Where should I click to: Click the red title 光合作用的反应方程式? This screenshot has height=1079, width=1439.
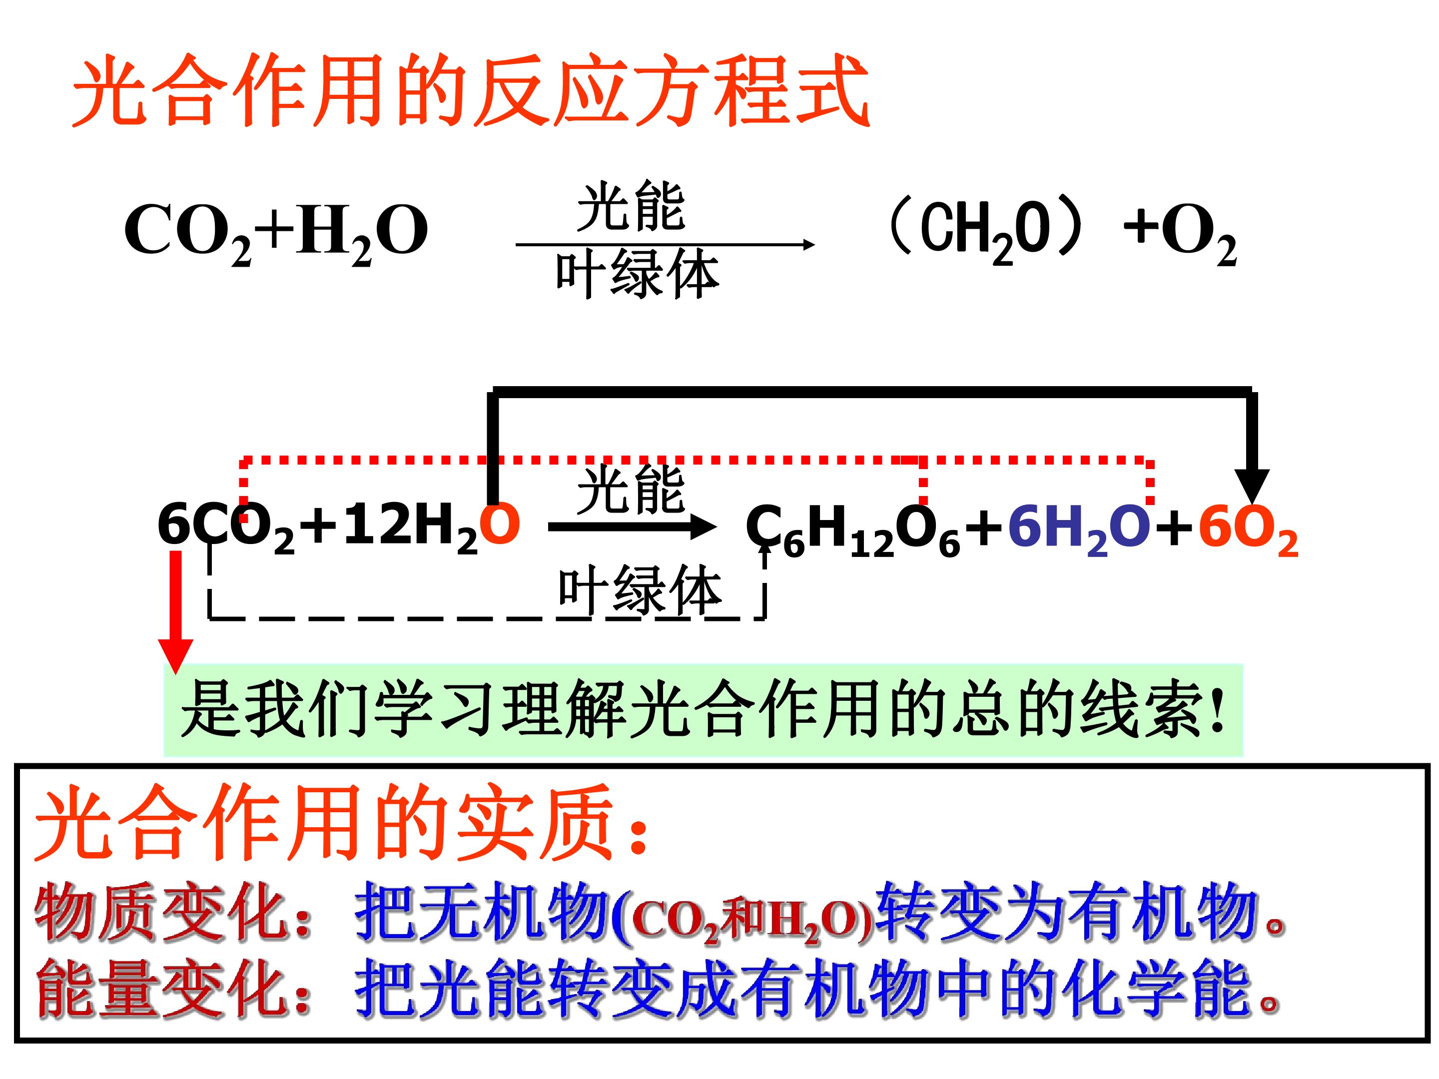click(x=470, y=91)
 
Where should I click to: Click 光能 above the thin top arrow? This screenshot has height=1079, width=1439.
click(x=631, y=207)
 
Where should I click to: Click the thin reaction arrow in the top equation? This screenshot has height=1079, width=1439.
click(x=665, y=245)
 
